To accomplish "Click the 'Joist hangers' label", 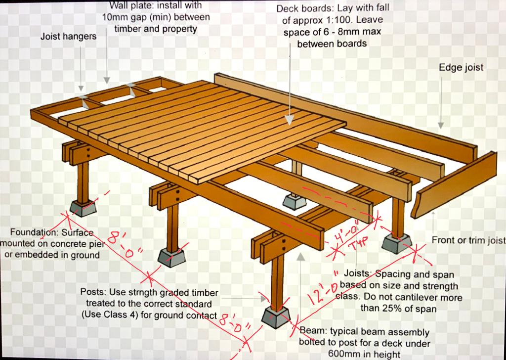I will tap(68, 37).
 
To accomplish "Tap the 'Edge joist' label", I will tap(461, 68).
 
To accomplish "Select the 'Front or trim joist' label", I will tap(468, 240).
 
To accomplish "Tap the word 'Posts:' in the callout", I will tap(93, 292).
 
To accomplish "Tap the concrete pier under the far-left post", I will tap(83, 208).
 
